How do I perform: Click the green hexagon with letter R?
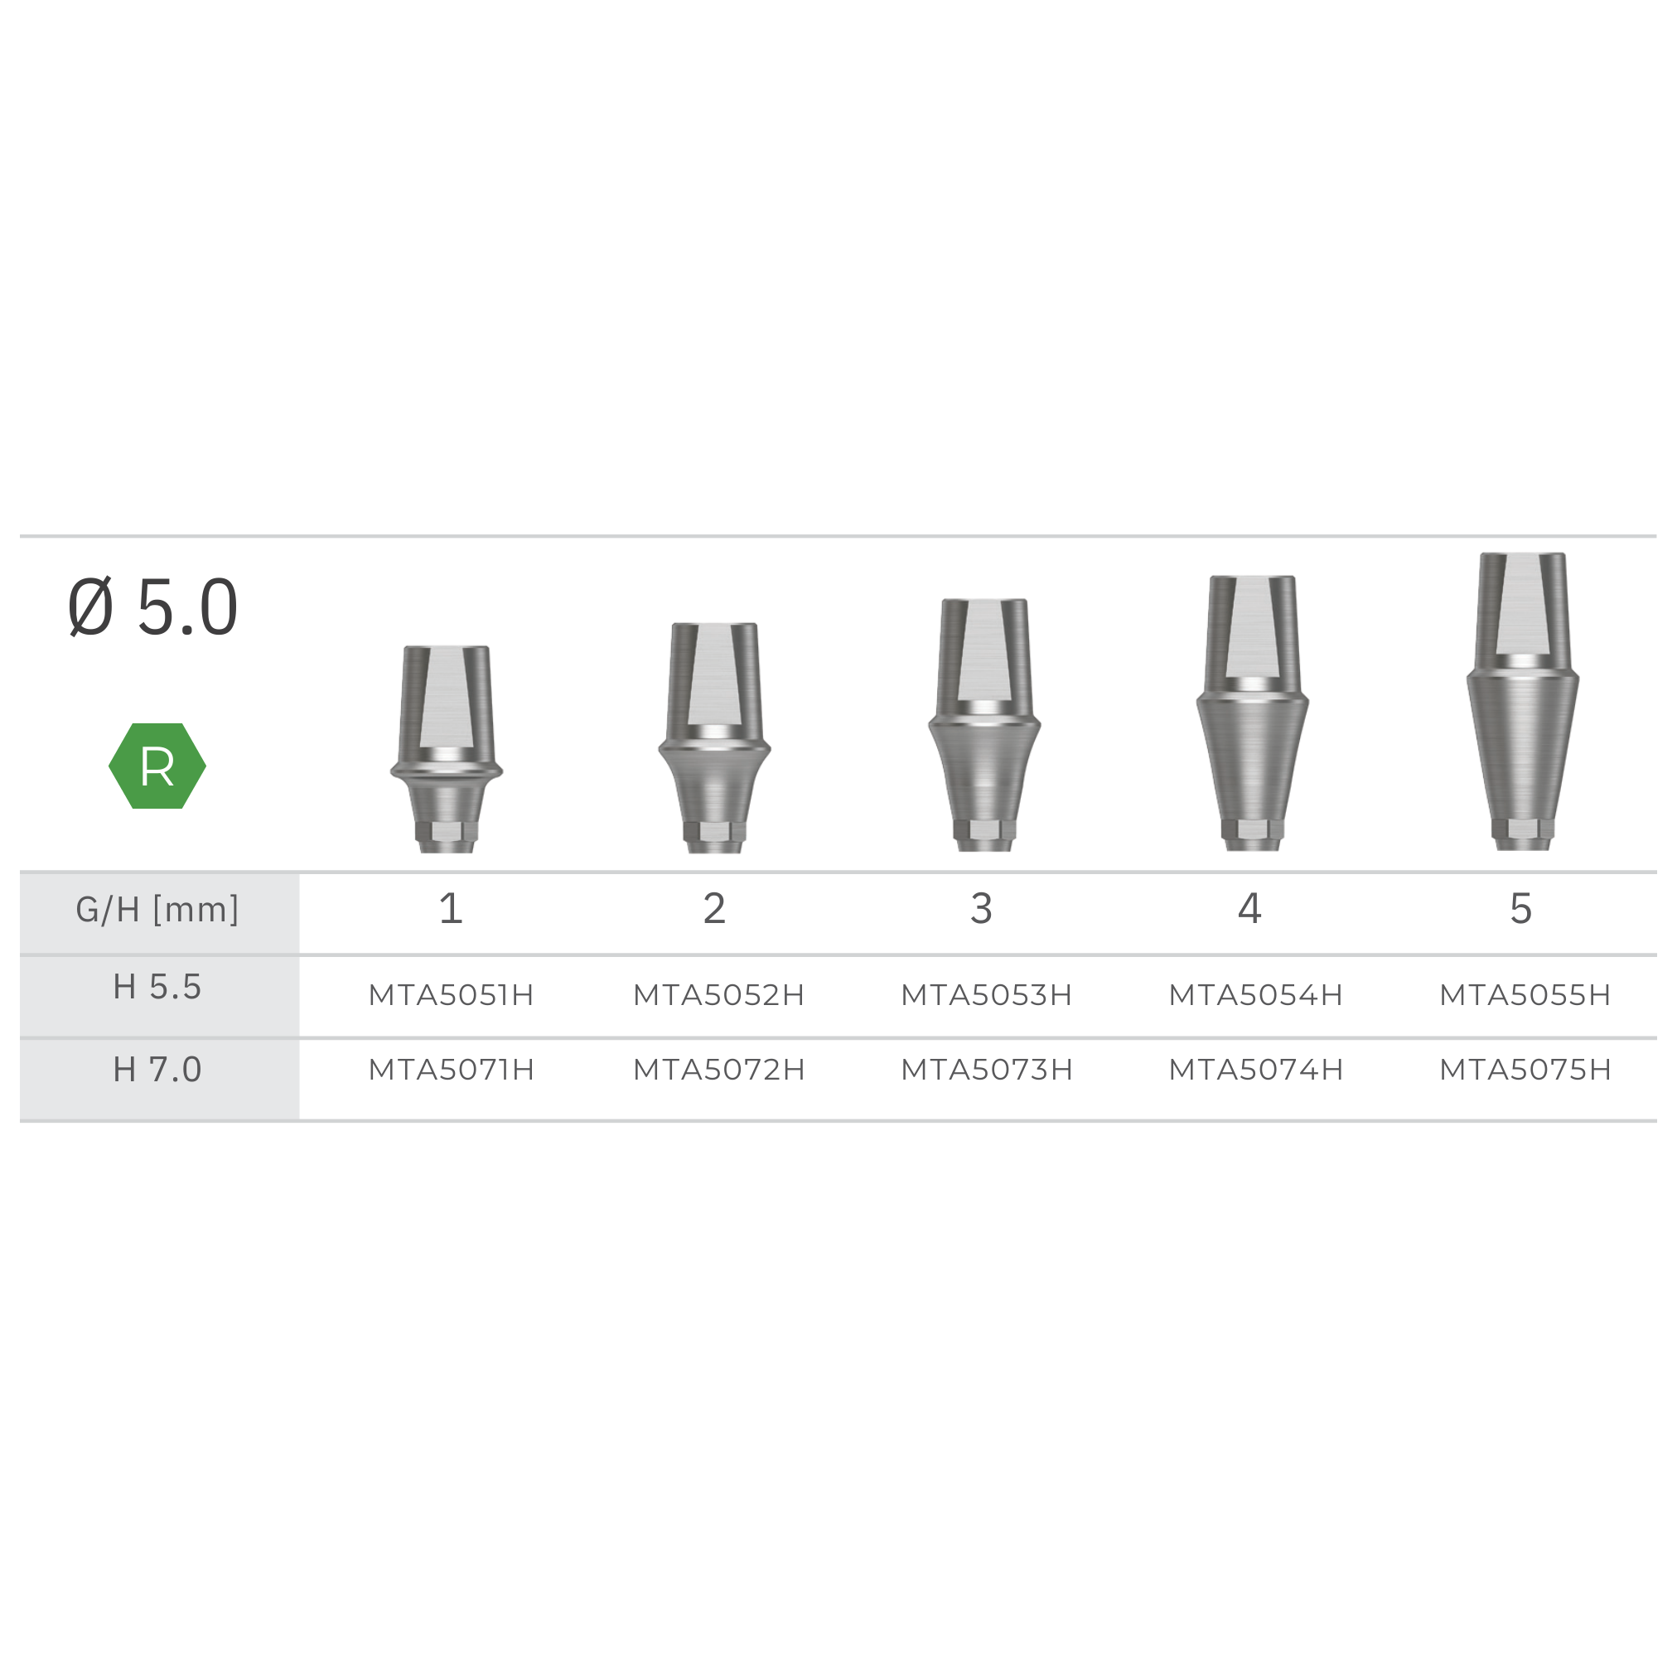tap(157, 766)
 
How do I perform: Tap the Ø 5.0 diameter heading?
tap(152, 607)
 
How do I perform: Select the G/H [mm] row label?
tap(157, 909)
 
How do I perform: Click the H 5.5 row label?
tap(157, 987)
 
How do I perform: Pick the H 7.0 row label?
tap(157, 1070)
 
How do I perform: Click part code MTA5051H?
tap(452, 995)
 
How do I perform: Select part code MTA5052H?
tap(718, 995)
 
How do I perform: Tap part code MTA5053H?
tap(987, 995)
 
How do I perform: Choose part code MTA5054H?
tap(1256, 995)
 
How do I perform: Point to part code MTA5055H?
tap(1525, 995)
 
